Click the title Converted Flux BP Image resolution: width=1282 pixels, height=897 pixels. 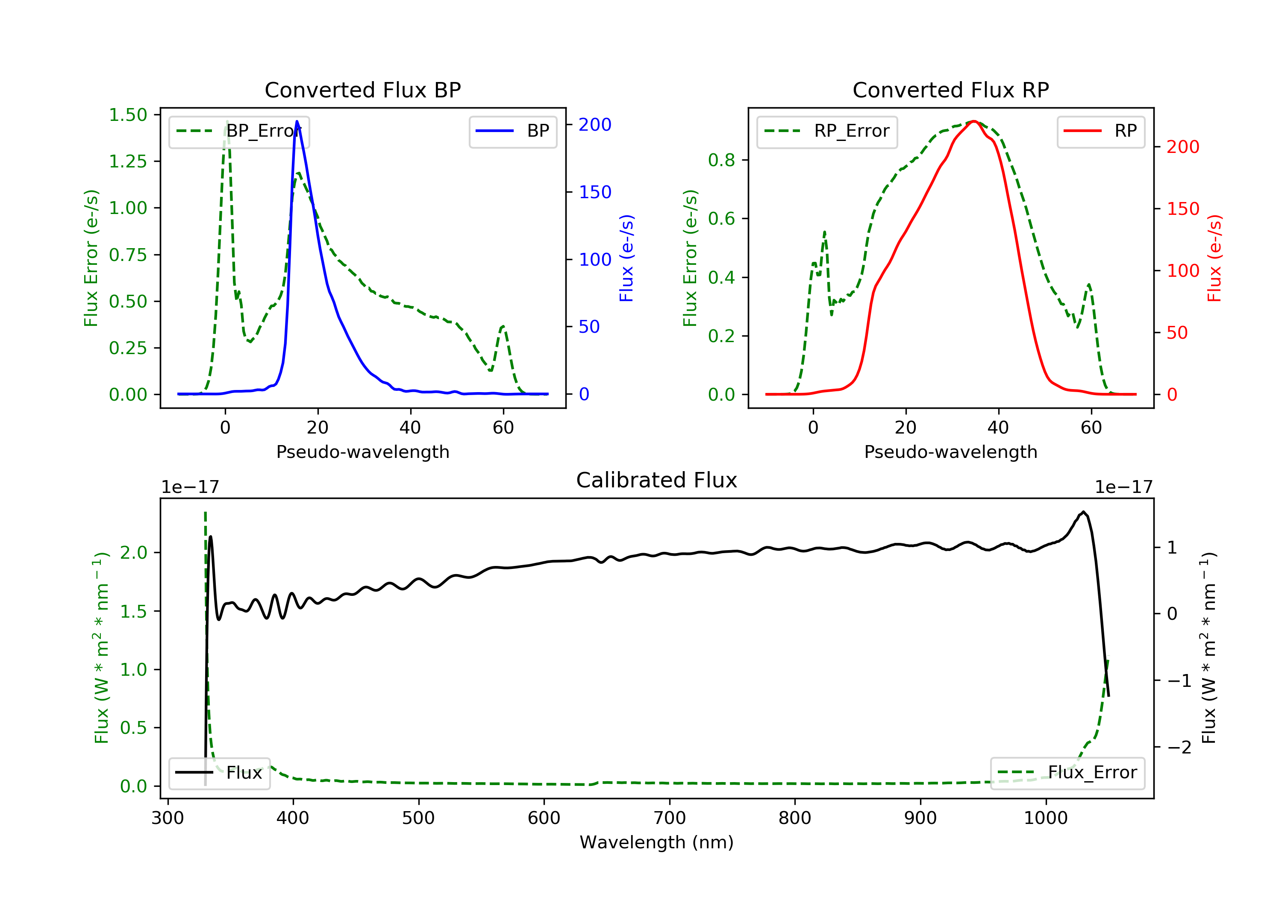click(362, 90)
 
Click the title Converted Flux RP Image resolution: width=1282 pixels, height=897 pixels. click(950, 90)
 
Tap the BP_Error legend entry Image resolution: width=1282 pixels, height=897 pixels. click(239, 131)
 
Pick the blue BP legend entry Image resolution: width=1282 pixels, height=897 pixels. click(512, 131)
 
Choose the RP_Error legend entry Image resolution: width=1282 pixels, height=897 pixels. click(827, 131)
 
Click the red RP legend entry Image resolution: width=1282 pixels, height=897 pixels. click(1100, 131)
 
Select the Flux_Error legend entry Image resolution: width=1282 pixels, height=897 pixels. click(1067, 773)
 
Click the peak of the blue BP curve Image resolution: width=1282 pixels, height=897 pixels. click(297, 121)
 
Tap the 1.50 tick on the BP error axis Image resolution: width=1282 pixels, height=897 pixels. click(128, 115)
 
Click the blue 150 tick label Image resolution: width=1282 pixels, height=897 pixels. click(595, 192)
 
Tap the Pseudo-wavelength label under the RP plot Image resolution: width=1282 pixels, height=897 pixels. click(950, 451)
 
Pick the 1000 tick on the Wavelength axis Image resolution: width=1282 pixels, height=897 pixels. click(1045, 818)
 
